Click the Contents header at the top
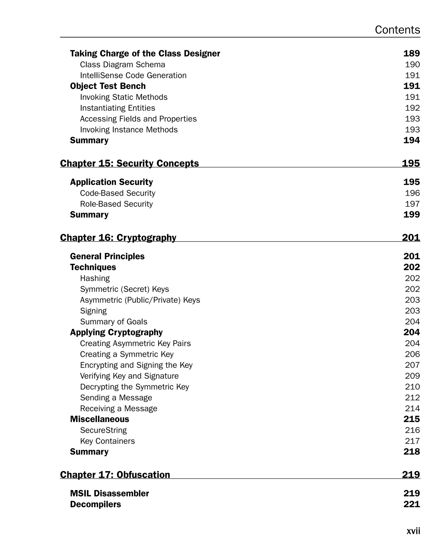pyautogui.click(x=397, y=30)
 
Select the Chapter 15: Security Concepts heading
pyautogui.click(x=129, y=163)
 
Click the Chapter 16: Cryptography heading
pyautogui.click(x=118, y=237)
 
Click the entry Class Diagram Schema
pyautogui.click(x=122, y=64)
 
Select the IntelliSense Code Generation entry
pyautogui.click(x=133, y=75)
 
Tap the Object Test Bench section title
pyautogui.click(x=108, y=86)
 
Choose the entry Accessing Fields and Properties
pyautogui.click(x=138, y=119)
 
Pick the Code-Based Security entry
pyautogui.click(x=117, y=193)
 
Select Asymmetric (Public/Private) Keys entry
pyautogui.click(x=140, y=300)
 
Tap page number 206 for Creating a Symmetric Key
pyautogui.click(x=412, y=354)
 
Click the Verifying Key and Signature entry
pyautogui.click(x=129, y=376)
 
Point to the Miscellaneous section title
pyautogui.click(x=100, y=419)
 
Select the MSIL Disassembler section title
pyautogui.click(x=109, y=493)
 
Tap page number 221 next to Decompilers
pyautogui.click(x=412, y=504)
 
